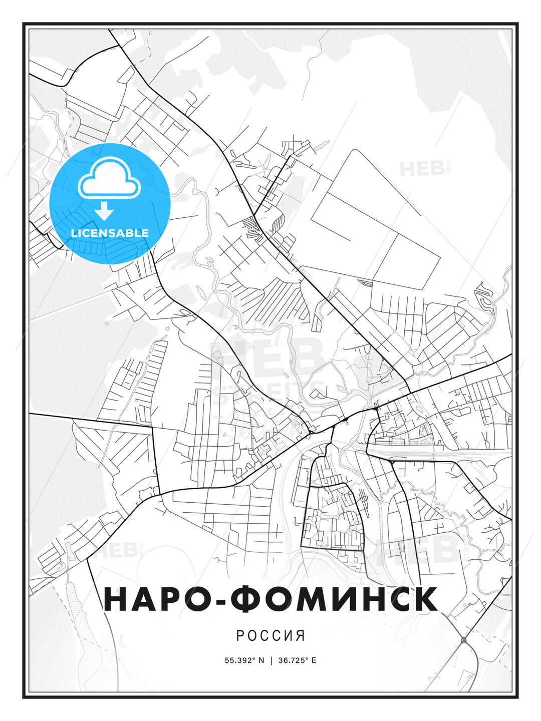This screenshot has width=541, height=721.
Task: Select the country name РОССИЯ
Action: pos(270,635)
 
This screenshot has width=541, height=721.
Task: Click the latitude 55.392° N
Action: pos(244,660)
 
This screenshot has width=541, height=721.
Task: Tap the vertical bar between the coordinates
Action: pos(271,660)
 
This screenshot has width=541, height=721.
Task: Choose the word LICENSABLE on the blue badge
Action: pos(110,233)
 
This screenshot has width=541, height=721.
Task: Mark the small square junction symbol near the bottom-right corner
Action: pos(464,639)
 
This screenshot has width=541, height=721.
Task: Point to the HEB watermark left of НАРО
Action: pos(116,550)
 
